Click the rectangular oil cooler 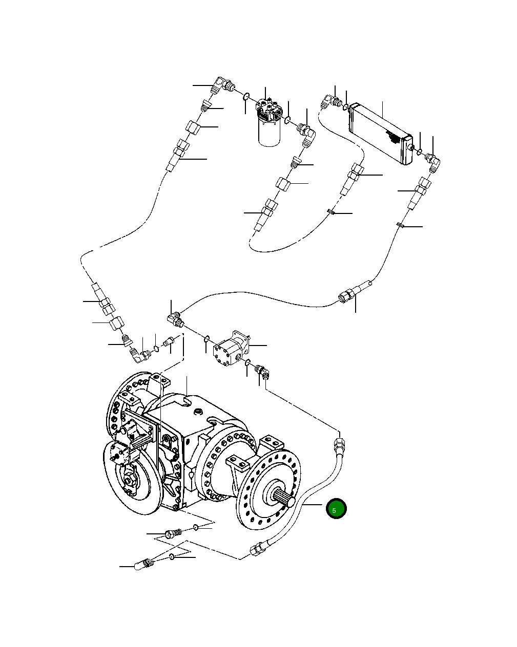(381, 133)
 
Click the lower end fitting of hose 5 (257, 550)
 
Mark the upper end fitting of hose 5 (339, 441)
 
